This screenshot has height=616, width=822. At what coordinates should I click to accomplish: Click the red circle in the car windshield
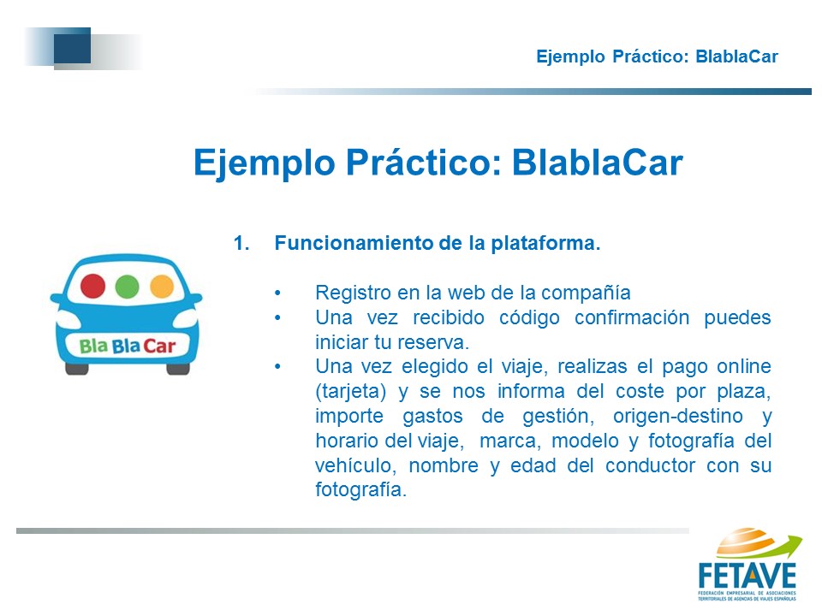tap(92, 286)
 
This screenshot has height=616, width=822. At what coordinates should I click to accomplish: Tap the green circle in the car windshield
tap(127, 287)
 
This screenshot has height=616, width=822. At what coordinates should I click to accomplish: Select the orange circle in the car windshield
tap(162, 287)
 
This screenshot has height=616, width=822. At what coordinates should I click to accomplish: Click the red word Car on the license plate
tap(159, 346)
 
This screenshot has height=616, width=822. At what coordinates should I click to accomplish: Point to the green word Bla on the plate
tap(93, 346)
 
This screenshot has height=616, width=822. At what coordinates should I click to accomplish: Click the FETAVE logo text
tap(747, 576)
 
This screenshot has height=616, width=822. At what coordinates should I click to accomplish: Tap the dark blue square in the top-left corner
tap(72, 45)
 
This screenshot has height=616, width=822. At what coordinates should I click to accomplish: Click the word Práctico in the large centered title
tap(419, 162)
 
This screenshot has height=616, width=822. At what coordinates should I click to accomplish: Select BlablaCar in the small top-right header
tap(736, 56)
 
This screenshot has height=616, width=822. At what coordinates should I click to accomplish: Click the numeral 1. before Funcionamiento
tap(241, 243)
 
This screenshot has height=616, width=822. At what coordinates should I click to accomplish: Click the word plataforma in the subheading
tap(545, 244)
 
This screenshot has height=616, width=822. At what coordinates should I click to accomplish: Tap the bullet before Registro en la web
tap(277, 293)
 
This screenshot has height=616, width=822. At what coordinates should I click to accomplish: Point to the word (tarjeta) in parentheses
tap(351, 392)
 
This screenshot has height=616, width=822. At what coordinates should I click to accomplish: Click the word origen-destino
tap(678, 416)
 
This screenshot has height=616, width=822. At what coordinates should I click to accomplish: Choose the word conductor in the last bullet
tap(650, 465)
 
